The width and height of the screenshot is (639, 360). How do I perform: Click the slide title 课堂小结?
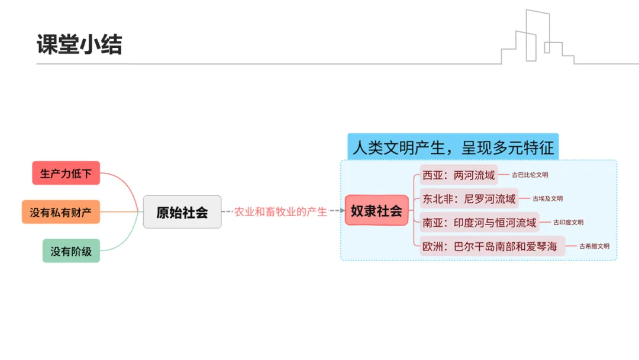click(79, 44)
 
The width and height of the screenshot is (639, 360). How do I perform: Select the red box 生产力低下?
click(66, 173)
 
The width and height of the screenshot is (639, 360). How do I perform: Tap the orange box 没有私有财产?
click(61, 212)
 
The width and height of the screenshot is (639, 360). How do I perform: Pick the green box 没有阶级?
click(71, 250)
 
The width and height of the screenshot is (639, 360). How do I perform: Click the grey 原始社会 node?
click(182, 212)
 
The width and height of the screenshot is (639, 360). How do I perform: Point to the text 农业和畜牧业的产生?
click(280, 211)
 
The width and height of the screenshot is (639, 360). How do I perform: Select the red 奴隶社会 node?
click(376, 210)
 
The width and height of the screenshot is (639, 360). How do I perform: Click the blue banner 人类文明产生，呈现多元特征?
click(453, 146)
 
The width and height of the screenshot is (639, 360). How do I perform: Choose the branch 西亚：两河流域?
click(459, 175)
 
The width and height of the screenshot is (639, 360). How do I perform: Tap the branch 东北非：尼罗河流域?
click(469, 198)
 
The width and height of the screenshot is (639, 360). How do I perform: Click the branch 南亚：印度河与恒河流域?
click(479, 223)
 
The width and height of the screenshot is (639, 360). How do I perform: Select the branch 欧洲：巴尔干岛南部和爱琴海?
click(492, 246)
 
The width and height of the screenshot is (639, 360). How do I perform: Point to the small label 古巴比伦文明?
click(530, 175)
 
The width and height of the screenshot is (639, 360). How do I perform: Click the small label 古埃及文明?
click(548, 198)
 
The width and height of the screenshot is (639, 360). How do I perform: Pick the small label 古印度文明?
click(569, 223)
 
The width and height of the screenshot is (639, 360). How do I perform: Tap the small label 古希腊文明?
click(594, 246)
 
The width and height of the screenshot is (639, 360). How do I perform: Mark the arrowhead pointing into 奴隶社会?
click(341, 211)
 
